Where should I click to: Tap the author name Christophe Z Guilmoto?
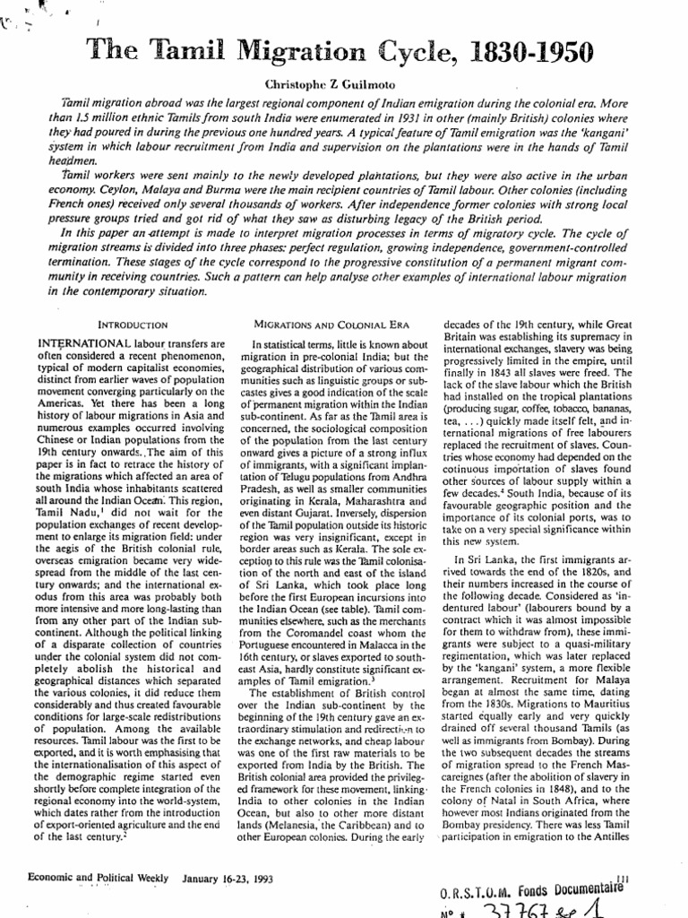point(343,83)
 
